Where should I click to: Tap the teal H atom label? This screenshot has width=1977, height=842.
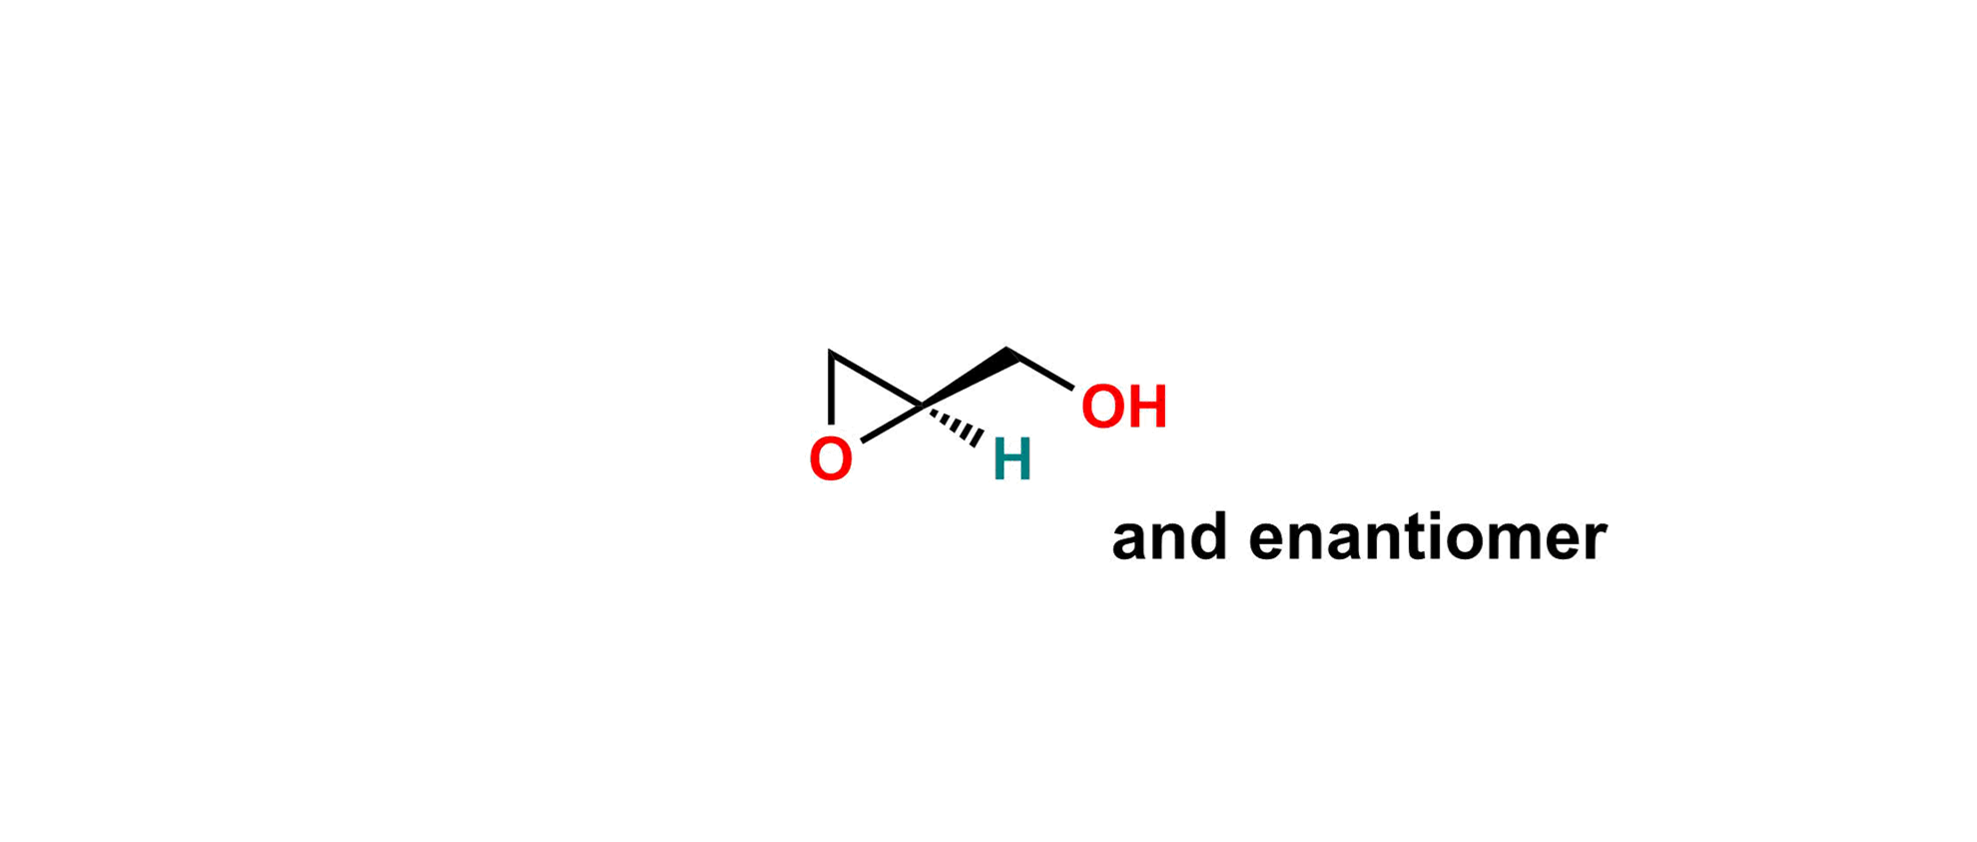point(1011,460)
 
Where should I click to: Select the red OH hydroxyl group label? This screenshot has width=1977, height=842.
point(1124,408)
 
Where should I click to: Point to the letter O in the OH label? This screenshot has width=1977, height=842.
point(1101,408)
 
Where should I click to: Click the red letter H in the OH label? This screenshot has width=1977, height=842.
point(1147,408)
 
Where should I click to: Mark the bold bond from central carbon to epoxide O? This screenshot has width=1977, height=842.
point(889,425)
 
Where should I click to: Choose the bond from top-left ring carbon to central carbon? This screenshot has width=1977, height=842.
point(875,379)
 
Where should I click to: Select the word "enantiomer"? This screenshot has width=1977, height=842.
point(1427,538)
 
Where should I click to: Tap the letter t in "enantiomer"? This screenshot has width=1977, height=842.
point(1398,538)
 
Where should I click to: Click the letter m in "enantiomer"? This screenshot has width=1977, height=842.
point(1508,540)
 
